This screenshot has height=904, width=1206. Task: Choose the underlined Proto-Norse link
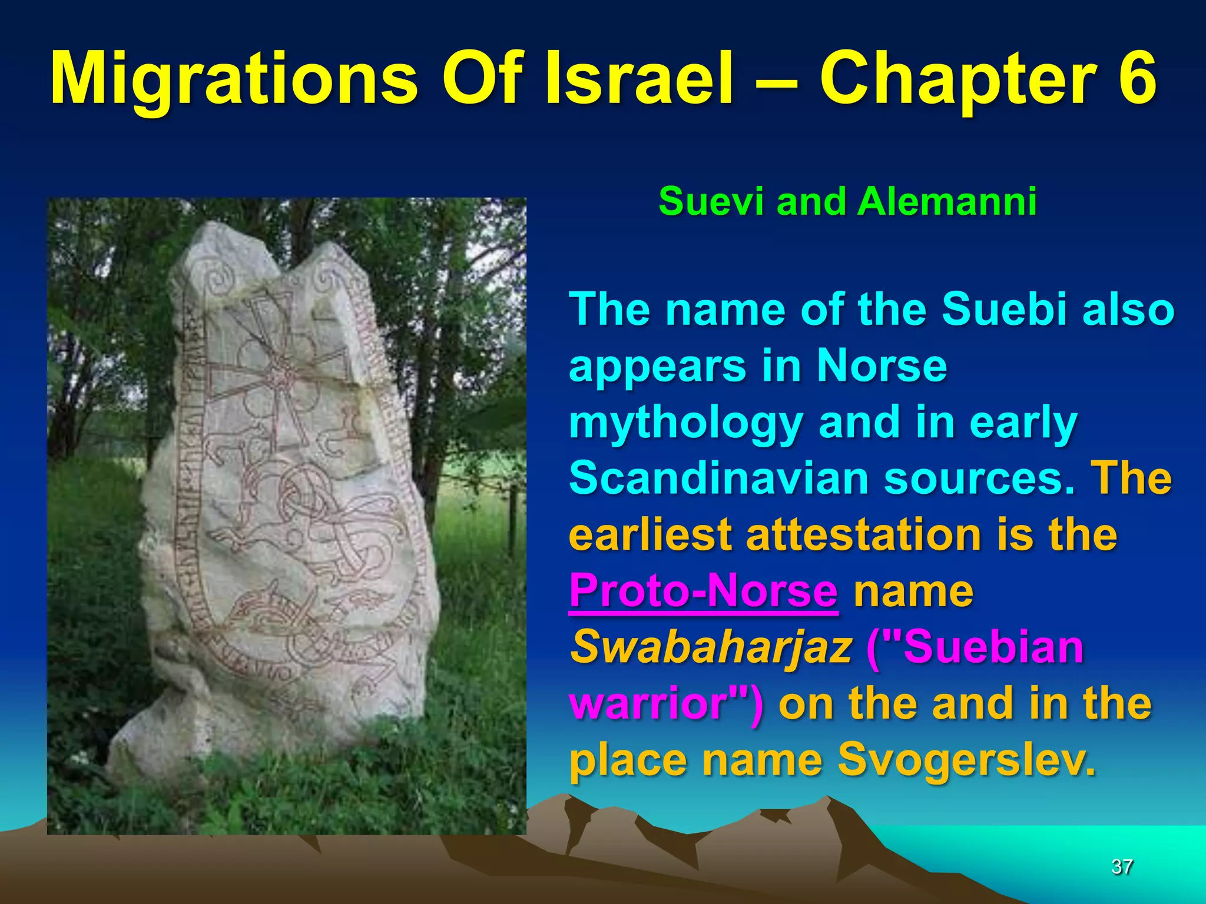click(703, 591)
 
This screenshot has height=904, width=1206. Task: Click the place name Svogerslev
click(966, 759)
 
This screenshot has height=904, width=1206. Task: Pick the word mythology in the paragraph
click(685, 423)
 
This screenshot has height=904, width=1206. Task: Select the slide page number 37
click(1122, 866)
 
